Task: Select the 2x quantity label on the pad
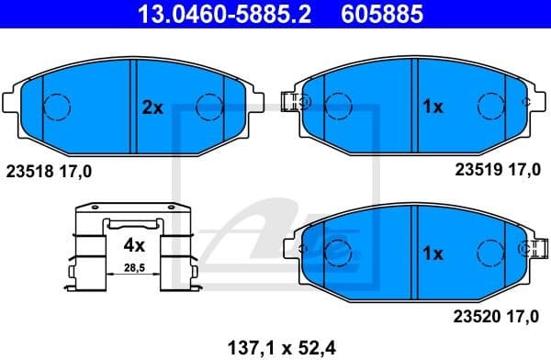[x=152, y=107]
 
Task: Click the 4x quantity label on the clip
[x=134, y=245]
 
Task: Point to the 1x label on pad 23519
[x=432, y=107]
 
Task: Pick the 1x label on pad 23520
[x=432, y=252]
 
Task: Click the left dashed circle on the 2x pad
[x=58, y=107]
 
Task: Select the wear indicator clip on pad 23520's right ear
[x=530, y=247]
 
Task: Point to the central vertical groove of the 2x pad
[x=135, y=107]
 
